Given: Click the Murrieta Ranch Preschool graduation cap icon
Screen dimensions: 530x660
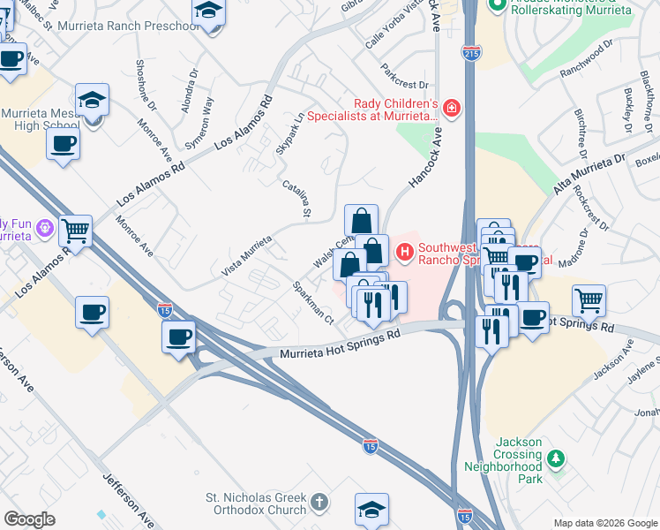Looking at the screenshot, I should [208, 12].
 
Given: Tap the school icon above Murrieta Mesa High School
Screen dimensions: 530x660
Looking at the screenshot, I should [92, 100].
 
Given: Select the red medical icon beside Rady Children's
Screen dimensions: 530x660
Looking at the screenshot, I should [452, 108].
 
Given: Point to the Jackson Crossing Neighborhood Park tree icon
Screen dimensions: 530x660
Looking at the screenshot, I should [555, 458].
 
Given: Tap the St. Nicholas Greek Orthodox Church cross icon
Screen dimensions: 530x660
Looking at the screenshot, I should [319, 503].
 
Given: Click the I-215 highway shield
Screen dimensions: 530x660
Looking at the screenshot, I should [469, 53].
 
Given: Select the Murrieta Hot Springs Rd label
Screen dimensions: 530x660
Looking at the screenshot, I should [341, 344].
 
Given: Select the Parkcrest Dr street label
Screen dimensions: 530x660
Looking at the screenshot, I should [404, 77].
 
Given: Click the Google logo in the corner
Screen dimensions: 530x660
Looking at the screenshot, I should [30, 519].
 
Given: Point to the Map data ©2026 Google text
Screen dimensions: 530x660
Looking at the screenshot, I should [604, 523].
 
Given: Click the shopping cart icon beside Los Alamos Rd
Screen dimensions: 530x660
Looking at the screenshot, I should [76, 231].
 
